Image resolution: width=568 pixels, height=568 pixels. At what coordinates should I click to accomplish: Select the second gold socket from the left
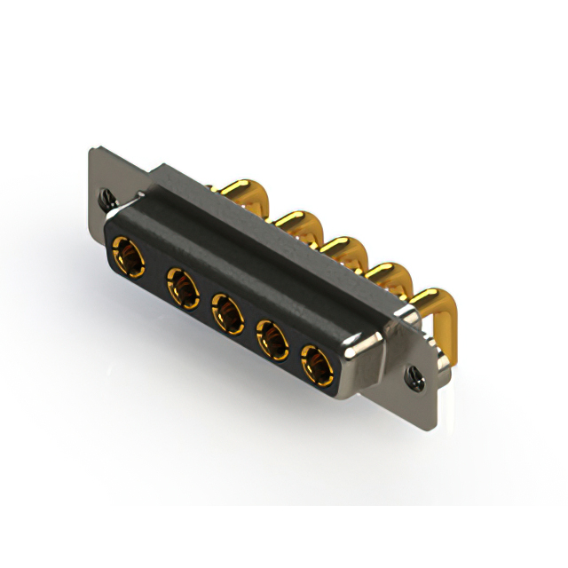[182, 288]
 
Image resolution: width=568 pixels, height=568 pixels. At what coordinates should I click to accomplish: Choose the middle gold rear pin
[342, 248]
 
